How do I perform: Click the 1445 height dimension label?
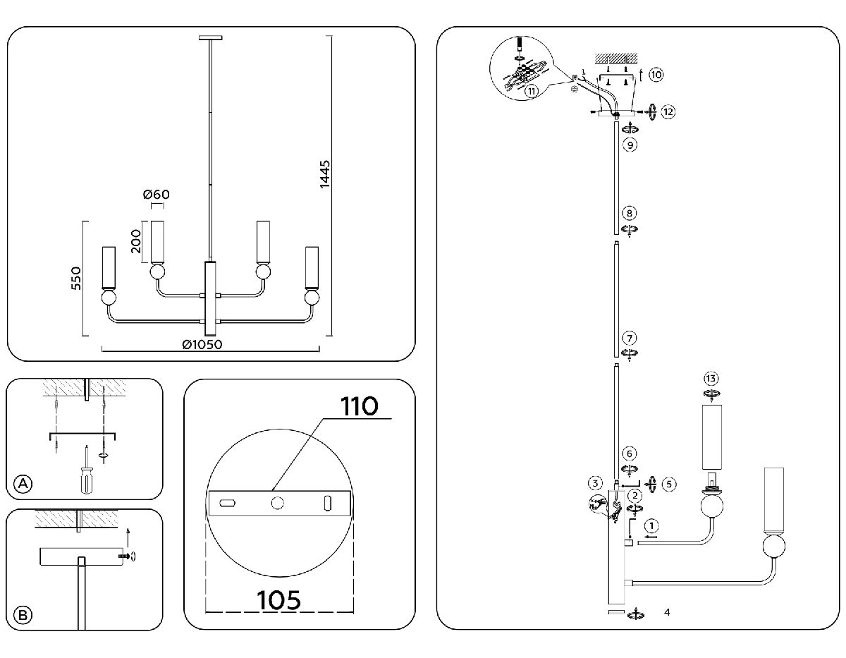(x=325, y=174)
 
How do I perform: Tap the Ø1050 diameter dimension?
(x=202, y=344)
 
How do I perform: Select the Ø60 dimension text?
(x=156, y=195)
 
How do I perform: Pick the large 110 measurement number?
(x=360, y=407)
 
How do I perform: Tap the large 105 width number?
(x=278, y=599)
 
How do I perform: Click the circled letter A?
(x=23, y=483)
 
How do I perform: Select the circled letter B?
(x=23, y=615)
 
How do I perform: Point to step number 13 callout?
(x=711, y=377)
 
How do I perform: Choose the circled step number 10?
(x=656, y=75)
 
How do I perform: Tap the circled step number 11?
(x=531, y=90)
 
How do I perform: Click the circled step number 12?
(x=668, y=111)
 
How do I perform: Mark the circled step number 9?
(x=630, y=145)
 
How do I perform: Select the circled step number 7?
(x=630, y=339)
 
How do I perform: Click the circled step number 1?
(x=653, y=526)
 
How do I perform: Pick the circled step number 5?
(x=669, y=484)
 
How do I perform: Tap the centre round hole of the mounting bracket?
(x=277, y=502)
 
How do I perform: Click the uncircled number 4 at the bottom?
(x=667, y=612)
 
